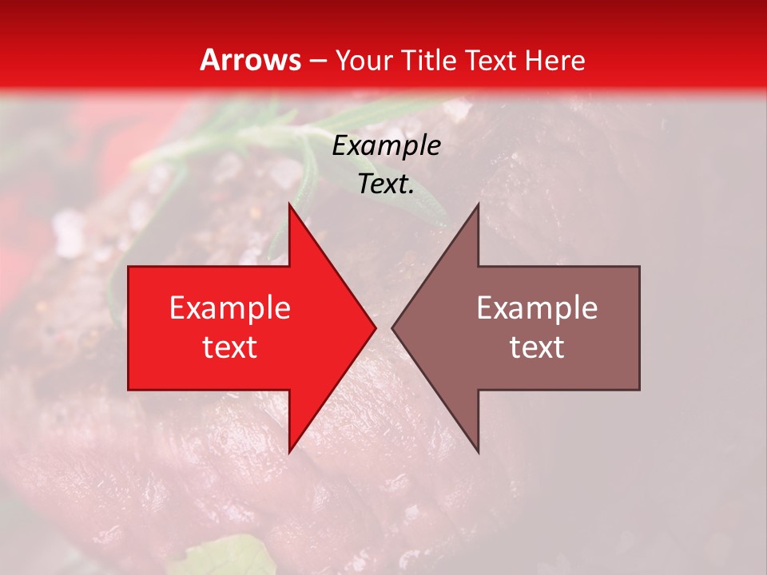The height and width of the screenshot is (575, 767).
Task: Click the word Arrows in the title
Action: point(250,60)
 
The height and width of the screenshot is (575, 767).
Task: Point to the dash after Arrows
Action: point(318,61)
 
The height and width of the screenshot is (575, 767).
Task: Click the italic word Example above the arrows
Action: point(387,146)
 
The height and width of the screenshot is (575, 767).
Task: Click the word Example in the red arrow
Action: point(230,308)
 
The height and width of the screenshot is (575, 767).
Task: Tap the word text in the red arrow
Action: point(230,347)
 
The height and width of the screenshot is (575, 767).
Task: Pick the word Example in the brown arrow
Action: point(537,308)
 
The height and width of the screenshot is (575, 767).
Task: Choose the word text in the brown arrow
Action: point(537,347)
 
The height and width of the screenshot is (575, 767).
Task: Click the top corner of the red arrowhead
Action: point(289,205)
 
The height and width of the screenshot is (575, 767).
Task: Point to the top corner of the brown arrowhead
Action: point(478,205)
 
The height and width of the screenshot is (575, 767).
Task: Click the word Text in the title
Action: point(491,60)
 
